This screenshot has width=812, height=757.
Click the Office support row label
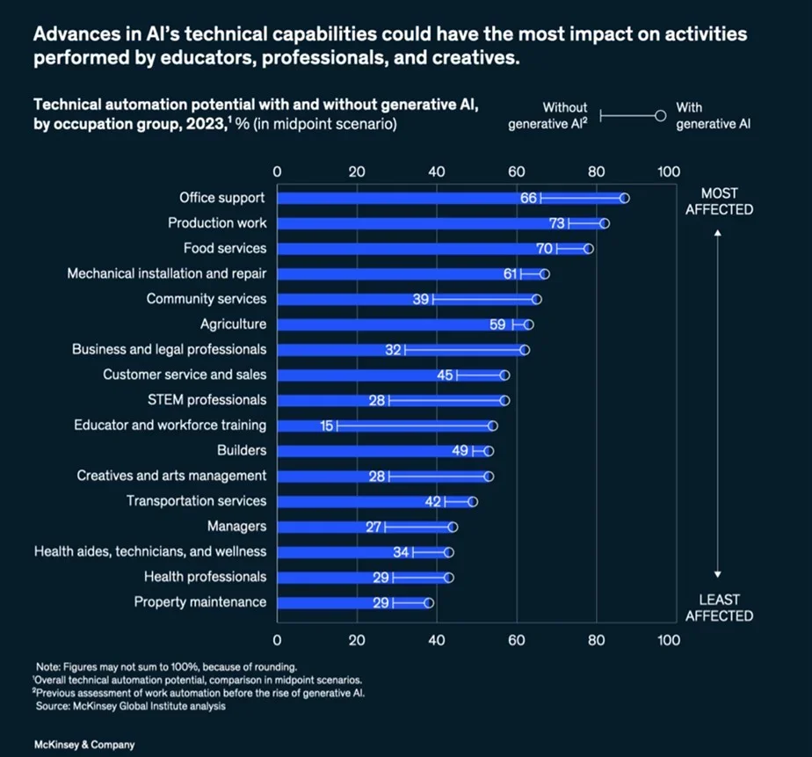coord(221,198)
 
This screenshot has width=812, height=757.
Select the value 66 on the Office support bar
coord(528,198)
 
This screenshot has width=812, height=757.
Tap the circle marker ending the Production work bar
coord(605,223)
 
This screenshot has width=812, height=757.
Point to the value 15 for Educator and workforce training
coord(327,426)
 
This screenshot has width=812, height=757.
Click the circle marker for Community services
coord(537,299)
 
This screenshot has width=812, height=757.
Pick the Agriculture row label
coord(233,324)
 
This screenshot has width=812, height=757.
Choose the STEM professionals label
coord(207,400)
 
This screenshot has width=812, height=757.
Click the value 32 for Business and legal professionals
coord(393,350)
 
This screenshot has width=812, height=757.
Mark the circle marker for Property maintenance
coord(429,603)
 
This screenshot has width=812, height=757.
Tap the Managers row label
coord(236,527)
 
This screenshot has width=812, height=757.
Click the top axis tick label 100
coord(669,171)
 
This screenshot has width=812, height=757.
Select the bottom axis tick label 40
coord(437,640)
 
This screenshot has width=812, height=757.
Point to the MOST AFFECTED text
coord(720,201)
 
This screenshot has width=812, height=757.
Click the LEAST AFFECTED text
coord(720,608)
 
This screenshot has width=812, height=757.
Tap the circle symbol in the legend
coord(661,115)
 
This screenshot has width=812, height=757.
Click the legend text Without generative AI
coord(548,116)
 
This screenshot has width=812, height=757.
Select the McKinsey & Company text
coord(84,745)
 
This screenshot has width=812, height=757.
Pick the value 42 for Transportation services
coord(432,501)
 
